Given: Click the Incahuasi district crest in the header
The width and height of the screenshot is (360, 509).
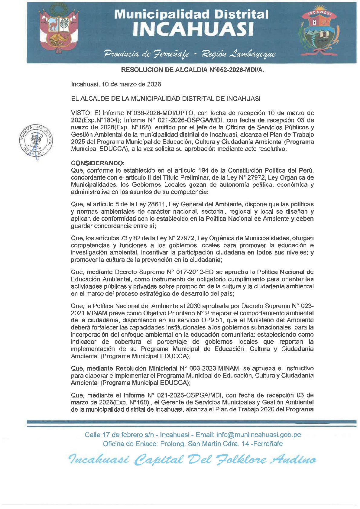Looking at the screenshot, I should click(x=320, y=31).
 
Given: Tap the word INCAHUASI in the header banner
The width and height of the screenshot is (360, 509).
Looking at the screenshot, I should click(x=193, y=29).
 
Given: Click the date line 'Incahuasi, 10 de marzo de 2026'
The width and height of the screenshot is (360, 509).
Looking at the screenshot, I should click(x=116, y=84).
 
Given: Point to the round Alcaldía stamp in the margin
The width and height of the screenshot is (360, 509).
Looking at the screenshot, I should click(x=36, y=141).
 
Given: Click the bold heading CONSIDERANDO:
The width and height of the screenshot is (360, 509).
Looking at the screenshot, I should click(x=98, y=163).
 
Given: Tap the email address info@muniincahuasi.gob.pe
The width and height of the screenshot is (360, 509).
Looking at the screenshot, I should click(x=259, y=435).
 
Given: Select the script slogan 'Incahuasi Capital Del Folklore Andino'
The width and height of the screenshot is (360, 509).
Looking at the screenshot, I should click(x=193, y=460).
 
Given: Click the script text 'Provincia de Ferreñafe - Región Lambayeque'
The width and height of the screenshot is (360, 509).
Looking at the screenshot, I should click(x=190, y=54).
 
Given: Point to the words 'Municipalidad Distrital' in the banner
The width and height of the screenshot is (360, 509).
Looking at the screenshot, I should click(x=191, y=14).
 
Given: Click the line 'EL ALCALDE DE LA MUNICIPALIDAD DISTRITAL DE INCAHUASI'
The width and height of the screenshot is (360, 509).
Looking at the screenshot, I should click(x=166, y=99).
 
